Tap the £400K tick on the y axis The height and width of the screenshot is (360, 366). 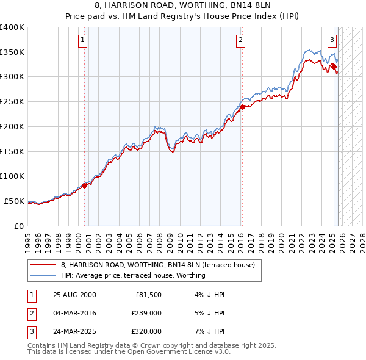pyautogui.click(x=12, y=27)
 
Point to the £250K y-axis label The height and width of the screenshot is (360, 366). pyautogui.click(x=12, y=102)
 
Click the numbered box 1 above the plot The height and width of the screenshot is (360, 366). pyautogui.click(x=83, y=41)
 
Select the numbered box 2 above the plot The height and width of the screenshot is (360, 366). pyautogui.click(x=241, y=41)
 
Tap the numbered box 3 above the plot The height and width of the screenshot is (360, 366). pyautogui.click(x=332, y=41)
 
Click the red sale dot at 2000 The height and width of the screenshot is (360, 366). pyautogui.click(x=85, y=185)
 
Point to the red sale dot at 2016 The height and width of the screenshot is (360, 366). pyautogui.click(x=242, y=107)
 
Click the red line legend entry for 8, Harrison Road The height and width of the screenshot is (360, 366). pyautogui.click(x=162, y=265)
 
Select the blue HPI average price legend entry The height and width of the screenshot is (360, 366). pyautogui.click(x=133, y=275)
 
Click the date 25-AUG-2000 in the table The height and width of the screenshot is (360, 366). pyautogui.click(x=74, y=295)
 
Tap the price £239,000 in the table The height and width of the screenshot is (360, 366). pyautogui.click(x=146, y=313)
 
